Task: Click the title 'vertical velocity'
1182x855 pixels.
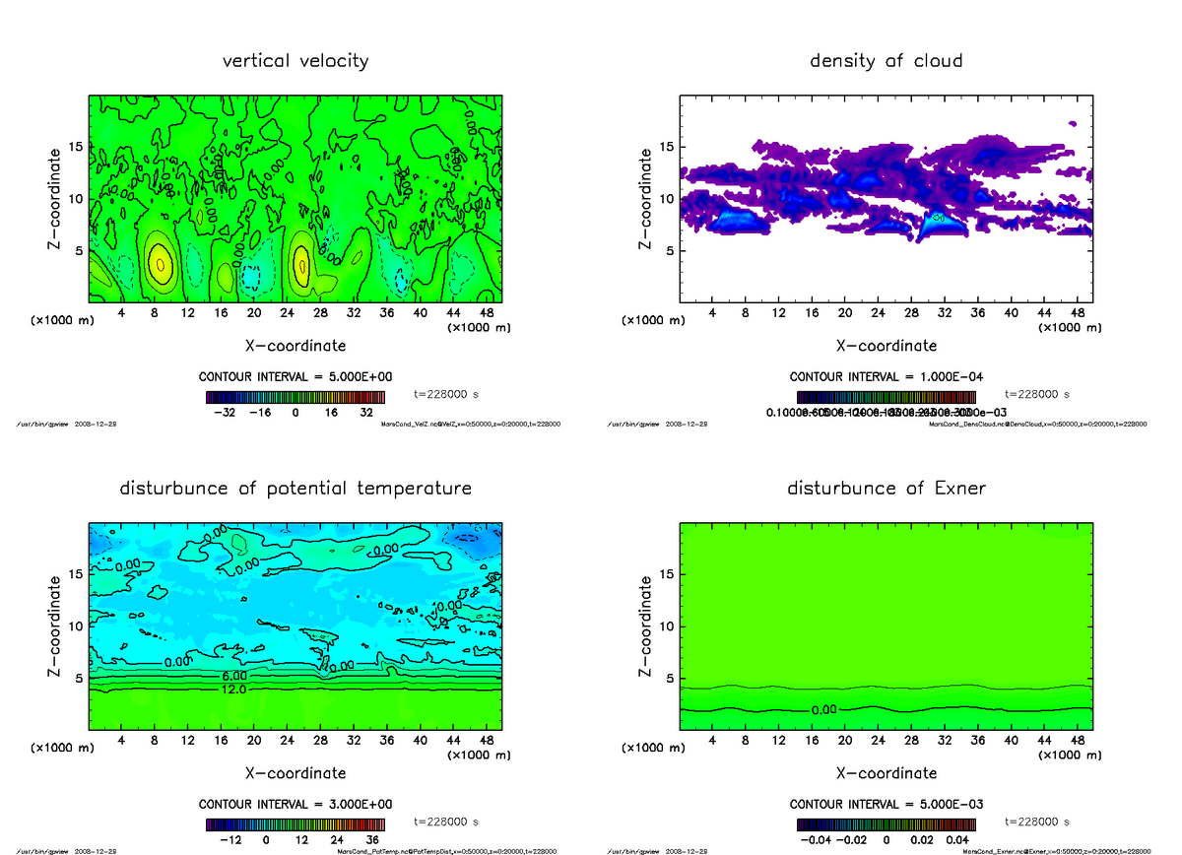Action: pos(295,61)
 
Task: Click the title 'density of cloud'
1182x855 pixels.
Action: pos(886,61)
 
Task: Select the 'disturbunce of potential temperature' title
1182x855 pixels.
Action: pos(295,489)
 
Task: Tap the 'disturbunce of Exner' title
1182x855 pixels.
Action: pos(886,489)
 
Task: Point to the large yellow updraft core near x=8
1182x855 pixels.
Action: pos(161,262)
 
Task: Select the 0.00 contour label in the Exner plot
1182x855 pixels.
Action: pos(824,710)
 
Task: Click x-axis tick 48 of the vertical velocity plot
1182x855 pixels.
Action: pos(485,313)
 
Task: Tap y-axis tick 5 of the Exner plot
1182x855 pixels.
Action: pos(668,679)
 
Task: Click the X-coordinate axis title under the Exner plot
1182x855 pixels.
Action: pos(886,773)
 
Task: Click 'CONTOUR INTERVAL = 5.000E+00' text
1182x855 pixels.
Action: pos(295,377)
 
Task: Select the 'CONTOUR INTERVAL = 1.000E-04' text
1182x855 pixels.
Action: pos(886,377)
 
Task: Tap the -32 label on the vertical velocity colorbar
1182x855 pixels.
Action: pos(225,414)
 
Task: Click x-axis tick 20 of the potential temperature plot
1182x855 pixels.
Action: pos(253,740)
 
